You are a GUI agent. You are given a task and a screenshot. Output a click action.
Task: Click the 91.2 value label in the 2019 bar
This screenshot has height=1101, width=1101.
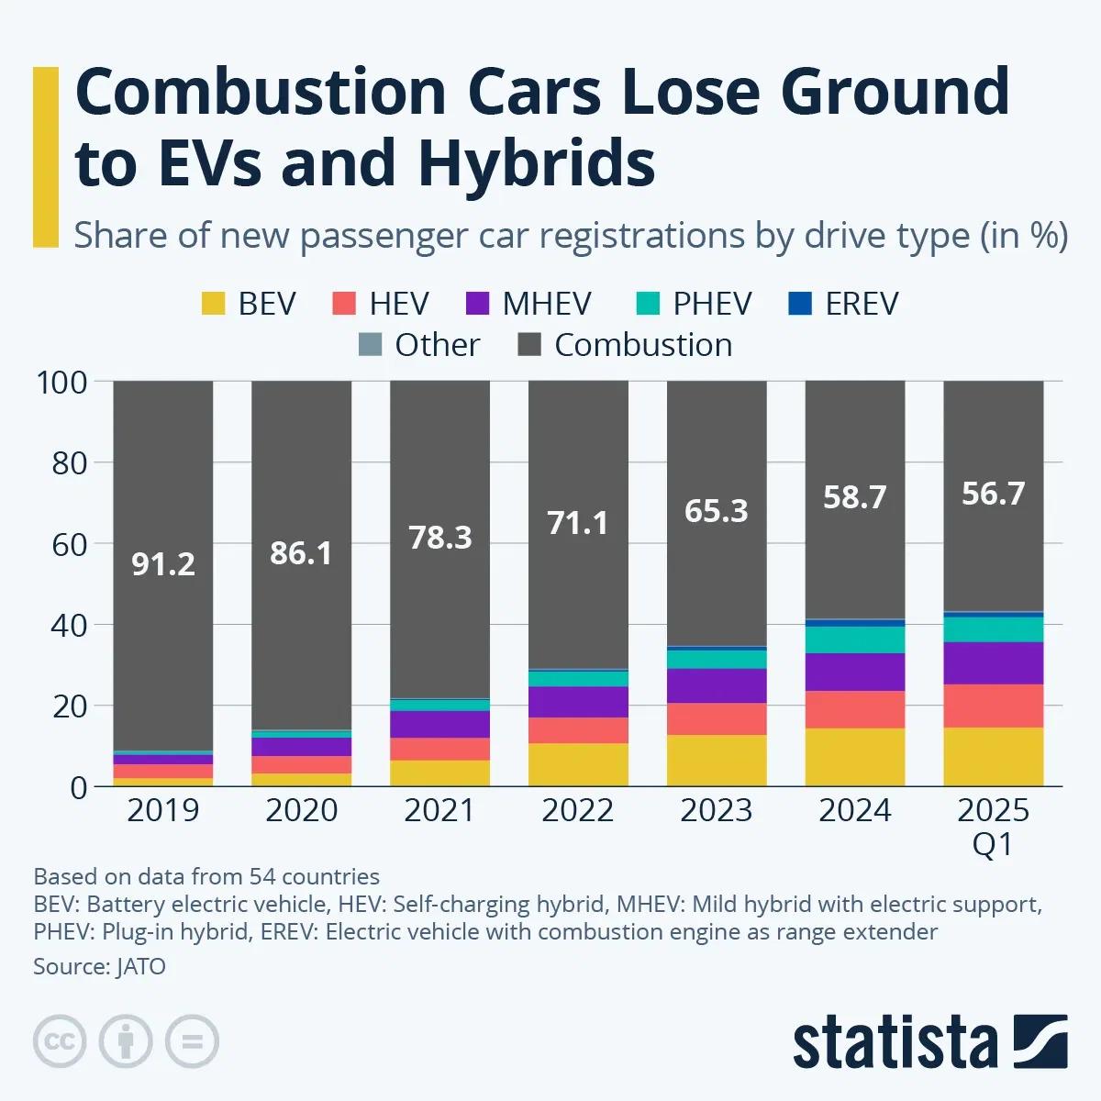pyautogui.click(x=163, y=563)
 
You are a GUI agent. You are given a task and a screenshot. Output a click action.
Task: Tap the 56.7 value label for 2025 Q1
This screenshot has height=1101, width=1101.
pyautogui.click(x=993, y=494)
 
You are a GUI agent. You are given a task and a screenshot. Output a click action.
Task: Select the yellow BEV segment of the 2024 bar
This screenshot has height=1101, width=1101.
pyautogui.click(x=854, y=757)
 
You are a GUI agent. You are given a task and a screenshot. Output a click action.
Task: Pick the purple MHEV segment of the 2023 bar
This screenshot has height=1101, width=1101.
pyautogui.click(x=716, y=685)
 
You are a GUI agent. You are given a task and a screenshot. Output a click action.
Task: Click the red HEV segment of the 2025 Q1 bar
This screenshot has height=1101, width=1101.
pyautogui.click(x=993, y=706)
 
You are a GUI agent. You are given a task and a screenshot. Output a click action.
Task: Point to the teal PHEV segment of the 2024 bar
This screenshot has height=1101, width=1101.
pyautogui.click(x=854, y=639)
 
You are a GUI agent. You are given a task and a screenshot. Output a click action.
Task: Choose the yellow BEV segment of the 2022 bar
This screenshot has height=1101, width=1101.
pyautogui.click(x=577, y=764)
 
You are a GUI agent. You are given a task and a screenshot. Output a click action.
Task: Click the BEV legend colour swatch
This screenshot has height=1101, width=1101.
pyautogui.click(x=213, y=304)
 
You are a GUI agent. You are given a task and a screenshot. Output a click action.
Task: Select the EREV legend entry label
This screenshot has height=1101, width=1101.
pyautogui.click(x=861, y=304)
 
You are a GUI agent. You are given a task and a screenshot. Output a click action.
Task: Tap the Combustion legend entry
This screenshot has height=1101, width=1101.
pyautogui.click(x=642, y=345)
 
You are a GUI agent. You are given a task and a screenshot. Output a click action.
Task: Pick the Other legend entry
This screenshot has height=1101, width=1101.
pyautogui.click(x=437, y=345)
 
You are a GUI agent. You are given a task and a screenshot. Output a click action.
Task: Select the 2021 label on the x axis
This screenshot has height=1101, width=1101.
pyautogui.click(x=439, y=811)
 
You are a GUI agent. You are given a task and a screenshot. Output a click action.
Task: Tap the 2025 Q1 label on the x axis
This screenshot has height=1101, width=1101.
pyautogui.click(x=993, y=826)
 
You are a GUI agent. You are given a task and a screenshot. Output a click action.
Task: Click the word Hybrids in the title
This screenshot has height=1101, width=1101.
pyautogui.click(x=536, y=163)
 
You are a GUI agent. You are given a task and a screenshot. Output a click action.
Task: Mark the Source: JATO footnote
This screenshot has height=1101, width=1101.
pyautogui.click(x=99, y=966)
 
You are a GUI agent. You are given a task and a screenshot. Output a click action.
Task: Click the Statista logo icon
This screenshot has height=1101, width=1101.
pyautogui.click(x=1040, y=1041)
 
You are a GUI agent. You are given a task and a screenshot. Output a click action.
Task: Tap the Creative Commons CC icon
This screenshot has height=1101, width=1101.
pyautogui.click(x=60, y=1041)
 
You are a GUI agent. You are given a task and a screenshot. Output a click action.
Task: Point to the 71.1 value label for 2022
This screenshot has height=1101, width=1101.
pyautogui.click(x=577, y=523)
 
